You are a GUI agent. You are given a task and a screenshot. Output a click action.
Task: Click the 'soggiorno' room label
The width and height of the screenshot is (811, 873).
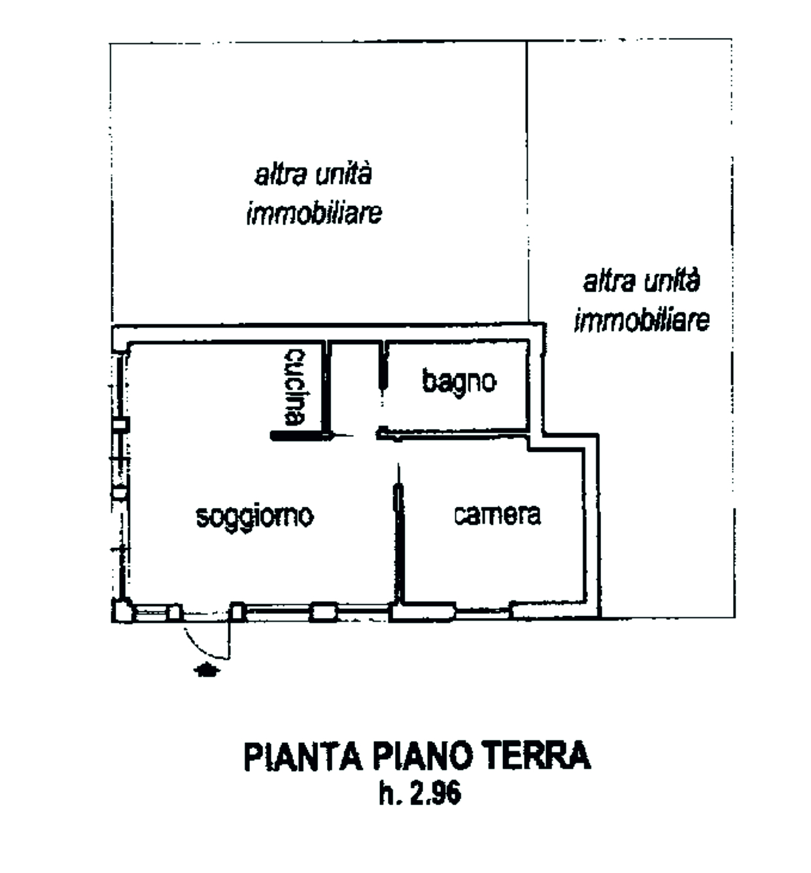(x=254, y=516)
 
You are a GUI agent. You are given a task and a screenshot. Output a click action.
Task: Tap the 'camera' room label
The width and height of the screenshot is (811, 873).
(x=497, y=515)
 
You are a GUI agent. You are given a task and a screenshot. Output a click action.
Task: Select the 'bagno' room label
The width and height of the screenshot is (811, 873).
(x=459, y=381)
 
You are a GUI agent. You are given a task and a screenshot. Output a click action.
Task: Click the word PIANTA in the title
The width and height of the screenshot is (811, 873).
(x=303, y=756)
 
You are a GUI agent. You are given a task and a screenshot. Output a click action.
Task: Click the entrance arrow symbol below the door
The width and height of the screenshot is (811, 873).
(x=207, y=670)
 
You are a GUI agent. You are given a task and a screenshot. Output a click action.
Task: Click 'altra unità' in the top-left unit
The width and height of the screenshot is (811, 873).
(x=313, y=175)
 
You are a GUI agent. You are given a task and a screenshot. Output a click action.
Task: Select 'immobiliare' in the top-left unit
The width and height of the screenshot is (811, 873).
(x=313, y=214)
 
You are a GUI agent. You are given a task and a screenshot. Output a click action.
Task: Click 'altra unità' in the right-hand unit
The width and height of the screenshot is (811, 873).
(x=642, y=281)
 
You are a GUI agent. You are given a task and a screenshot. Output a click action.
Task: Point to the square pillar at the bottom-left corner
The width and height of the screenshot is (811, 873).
(x=122, y=611)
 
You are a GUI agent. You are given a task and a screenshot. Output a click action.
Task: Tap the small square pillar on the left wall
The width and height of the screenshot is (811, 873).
(x=121, y=424)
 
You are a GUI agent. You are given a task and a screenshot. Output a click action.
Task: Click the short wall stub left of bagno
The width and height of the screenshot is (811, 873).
(x=383, y=366)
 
